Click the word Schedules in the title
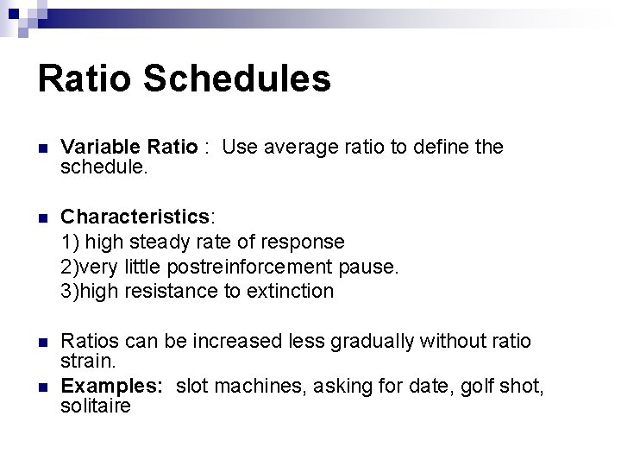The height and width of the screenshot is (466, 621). [x=237, y=79]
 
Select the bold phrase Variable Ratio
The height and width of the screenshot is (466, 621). [x=129, y=148]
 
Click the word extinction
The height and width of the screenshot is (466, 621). [x=291, y=292]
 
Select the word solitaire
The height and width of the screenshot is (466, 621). [x=96, y=405]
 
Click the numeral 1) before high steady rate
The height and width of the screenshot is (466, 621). [x=69, y=242]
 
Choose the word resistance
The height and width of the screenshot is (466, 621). [x=172, y=292]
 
